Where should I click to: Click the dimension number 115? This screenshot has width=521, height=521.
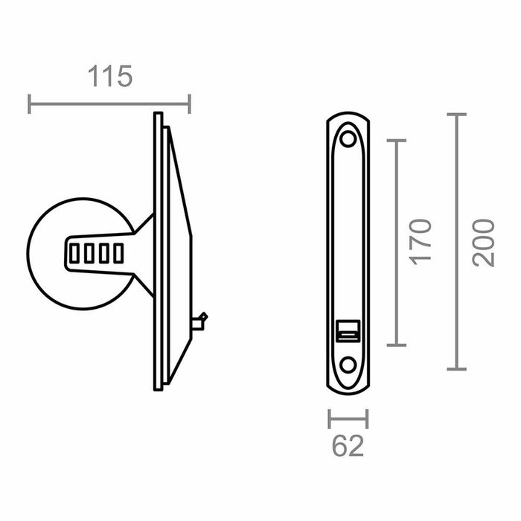[110, 77]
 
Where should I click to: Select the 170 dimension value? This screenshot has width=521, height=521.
[421, 241]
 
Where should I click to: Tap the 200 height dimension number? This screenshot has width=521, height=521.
[483, 243]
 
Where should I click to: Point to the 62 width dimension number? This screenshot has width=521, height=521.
[348, 446]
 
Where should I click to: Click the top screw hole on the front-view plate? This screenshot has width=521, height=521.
[348, 138]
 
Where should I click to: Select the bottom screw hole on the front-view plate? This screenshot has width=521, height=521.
[348, 365]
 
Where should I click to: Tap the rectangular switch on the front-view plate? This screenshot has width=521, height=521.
[348, 330]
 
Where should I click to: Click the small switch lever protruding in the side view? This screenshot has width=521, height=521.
[199, 321]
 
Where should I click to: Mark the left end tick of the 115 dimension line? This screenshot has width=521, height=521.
[29, 103]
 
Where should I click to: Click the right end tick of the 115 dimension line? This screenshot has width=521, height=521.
[190, 103]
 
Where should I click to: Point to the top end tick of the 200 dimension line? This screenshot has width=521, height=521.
[456, 115]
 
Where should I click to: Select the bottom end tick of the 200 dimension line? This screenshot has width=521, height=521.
[456, 368]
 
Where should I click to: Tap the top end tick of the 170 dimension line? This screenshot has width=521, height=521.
[397, 140]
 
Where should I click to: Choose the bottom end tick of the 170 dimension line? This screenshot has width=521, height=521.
[397, 345]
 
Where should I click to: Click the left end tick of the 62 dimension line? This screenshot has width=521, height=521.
[329, 419]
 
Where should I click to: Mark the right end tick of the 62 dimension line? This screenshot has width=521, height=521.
[367, 419]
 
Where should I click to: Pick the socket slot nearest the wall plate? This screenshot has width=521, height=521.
[118, 254]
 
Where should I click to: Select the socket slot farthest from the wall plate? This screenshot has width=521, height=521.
[74, 254]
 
